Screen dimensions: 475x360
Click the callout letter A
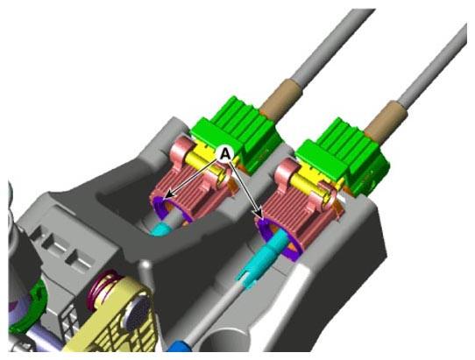pyautogui.click(x=224, y=154)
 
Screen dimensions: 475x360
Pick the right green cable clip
pyautogui.click(x=343, y=157)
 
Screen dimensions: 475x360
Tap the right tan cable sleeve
pyautogui.click(x=386, y=120)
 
